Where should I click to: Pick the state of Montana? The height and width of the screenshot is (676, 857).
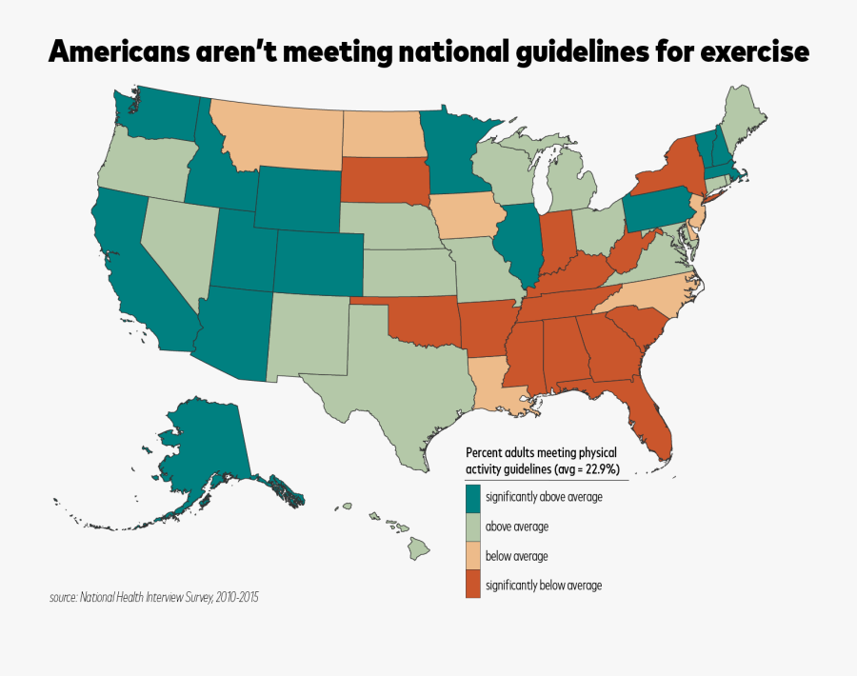point(276,133)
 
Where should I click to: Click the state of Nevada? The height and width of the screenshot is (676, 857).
point(176,248)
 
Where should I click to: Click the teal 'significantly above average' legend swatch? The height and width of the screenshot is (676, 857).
point(472,497)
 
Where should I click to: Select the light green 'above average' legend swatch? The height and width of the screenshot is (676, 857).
point(472,527)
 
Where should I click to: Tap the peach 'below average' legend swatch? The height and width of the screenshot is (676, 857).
point(472,556)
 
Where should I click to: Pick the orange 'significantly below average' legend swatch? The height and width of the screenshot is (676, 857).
point(472,586)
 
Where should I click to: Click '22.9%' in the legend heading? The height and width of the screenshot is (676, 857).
point(602,468)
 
